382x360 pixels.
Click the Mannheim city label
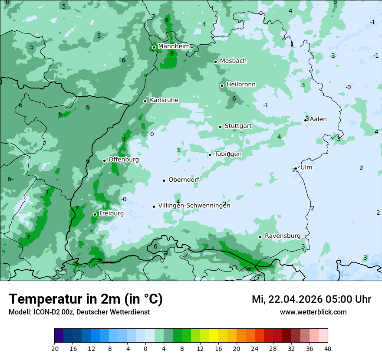click(x=174, y=46)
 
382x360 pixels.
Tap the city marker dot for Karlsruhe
click(x=145, y=101)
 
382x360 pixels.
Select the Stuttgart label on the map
click(x=238, y=126)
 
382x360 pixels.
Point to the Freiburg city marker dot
click(x=95, y=214)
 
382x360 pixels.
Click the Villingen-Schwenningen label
click(x=194, y=206)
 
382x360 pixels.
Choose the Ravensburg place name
click(x=283, y=236)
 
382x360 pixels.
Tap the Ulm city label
click(x=306, y=167)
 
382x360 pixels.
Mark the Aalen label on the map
click(x=318, y=119)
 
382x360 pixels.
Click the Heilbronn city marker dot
click(x=222, y=85)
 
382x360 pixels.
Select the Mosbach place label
click(x=233, y=61)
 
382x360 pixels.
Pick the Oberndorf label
click(x=184, y=180)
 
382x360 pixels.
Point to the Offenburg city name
click(x=124, y=160)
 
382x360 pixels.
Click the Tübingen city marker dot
click(x=210, y=155)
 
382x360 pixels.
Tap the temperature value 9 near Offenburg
click(x=124, y=139)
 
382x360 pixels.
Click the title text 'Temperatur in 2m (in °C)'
click(x=86, y=299)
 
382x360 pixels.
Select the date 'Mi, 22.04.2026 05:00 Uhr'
click(x=311, y=299)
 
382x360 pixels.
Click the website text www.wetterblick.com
click(x=313, y=312)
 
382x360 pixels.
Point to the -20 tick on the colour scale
click(x=54, y=348)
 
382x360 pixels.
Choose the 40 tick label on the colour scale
click(x=328, y=348)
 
